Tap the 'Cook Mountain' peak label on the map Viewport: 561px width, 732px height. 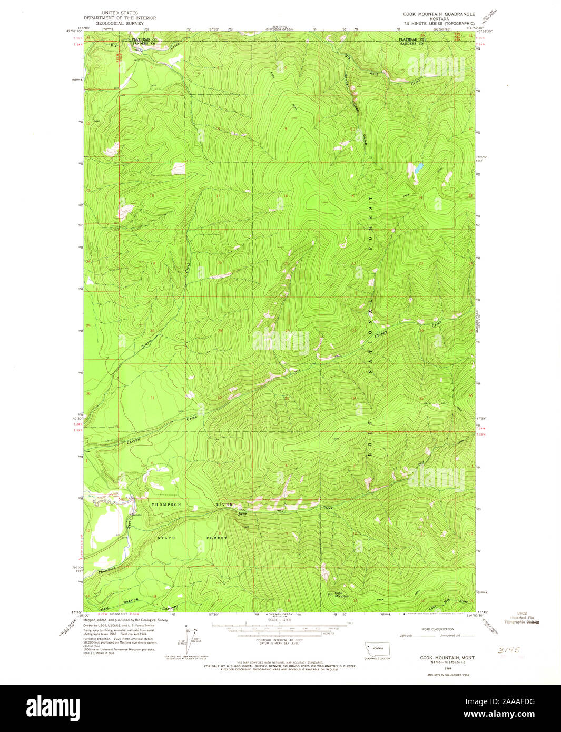tap(342, 595)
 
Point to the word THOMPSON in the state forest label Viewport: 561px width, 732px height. tap(167, 505)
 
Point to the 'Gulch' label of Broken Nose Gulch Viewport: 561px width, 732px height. tap(365, 140)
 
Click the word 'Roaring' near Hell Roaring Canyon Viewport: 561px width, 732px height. tap(131, 600)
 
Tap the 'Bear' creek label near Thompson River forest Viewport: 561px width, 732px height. tap(243, 513)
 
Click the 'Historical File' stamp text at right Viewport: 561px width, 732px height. tap(525, 618)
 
